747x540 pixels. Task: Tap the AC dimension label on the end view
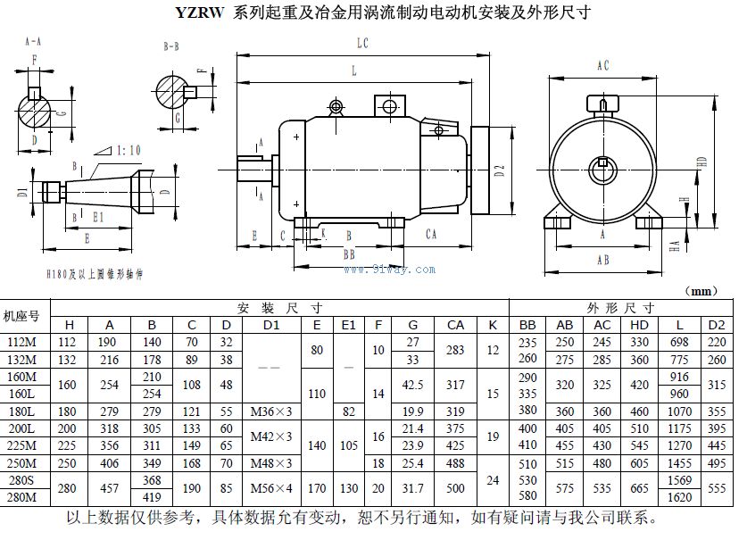click(602, 65)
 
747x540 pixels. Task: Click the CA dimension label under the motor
click(430, 235)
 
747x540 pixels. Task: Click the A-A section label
click(32, 41)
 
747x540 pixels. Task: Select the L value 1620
click(681, 497)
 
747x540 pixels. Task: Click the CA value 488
click(455, 464)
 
